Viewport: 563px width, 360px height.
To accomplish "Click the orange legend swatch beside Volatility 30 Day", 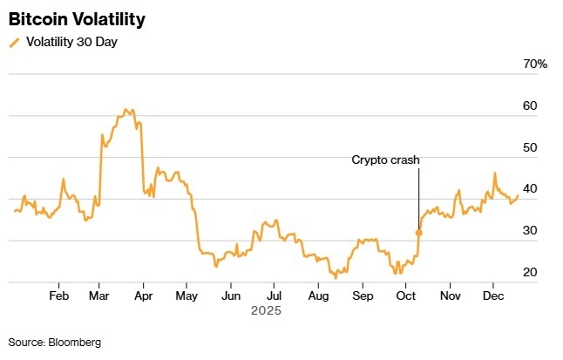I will click(x=13, y=42).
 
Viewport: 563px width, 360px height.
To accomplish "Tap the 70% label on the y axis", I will click(x=534, y=65).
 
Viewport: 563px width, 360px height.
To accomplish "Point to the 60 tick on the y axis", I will click(x=530, y=106).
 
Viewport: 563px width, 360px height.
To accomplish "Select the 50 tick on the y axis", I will click(x=530, y=148).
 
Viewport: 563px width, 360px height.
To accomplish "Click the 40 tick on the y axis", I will click(x=530, y=189).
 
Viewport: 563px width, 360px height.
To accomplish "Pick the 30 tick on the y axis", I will click(x=530, y=231).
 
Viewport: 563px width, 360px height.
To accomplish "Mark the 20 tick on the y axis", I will click(x=530, y=273).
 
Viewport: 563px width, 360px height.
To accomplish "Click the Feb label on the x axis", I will click(x=58, y=295).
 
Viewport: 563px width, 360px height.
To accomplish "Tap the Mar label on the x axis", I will click(x=99, y=295).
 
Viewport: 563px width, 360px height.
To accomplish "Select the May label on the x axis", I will click(x=187, y=295).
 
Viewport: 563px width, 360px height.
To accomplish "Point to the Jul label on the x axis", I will click(x=273, y=295).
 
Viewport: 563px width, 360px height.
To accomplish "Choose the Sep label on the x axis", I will click(x=363, y=295).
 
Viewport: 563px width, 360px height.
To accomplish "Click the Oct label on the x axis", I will click(x=406, y=295).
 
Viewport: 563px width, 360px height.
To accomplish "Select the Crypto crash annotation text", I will click(x=386, y=160).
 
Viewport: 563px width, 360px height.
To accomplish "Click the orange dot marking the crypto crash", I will click(x=419, y=233).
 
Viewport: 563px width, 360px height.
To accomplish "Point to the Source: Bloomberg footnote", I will click(x=54, y=343).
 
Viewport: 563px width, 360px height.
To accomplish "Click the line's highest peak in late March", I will click(x=125, y=109).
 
